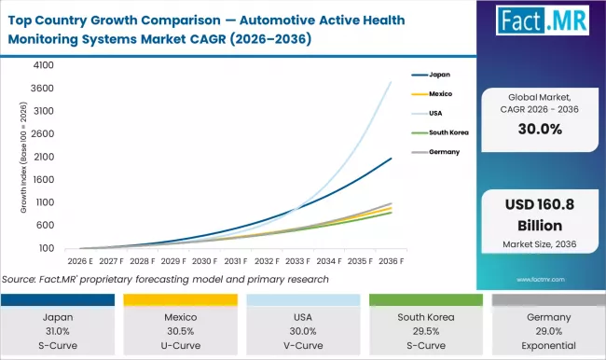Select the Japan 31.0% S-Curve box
tap(60, 326)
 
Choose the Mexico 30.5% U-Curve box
tap(181, 326)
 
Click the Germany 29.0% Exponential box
tap(545, 326)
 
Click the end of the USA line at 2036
tap(392, 82)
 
